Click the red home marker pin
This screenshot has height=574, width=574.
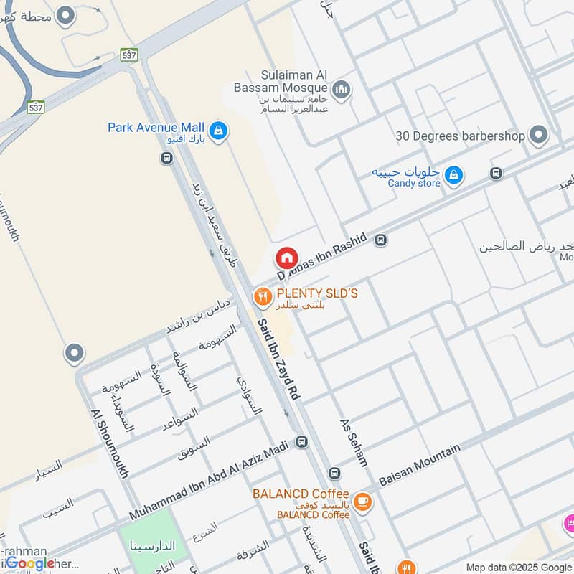coord(286,258)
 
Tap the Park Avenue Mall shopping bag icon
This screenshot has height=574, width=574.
coord(220,130)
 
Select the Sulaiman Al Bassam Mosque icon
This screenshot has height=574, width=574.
coord(342,89)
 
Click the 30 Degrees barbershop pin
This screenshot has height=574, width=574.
coord(537,134)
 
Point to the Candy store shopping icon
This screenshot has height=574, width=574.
coord(453,174)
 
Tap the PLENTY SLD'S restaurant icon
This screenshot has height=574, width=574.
coord(262,294)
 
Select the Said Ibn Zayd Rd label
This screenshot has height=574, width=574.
coord(281,359)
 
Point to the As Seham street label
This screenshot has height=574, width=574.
coord(354,442)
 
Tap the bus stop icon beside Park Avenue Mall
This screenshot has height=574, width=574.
coord(167,158)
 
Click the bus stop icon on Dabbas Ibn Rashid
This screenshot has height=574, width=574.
coord(381,240)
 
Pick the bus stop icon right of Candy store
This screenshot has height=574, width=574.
coord(495,173)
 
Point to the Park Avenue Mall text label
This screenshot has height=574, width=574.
coord(156,127)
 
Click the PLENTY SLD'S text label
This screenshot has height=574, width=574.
coord(317,293)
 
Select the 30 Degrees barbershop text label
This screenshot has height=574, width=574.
coord(459,135)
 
